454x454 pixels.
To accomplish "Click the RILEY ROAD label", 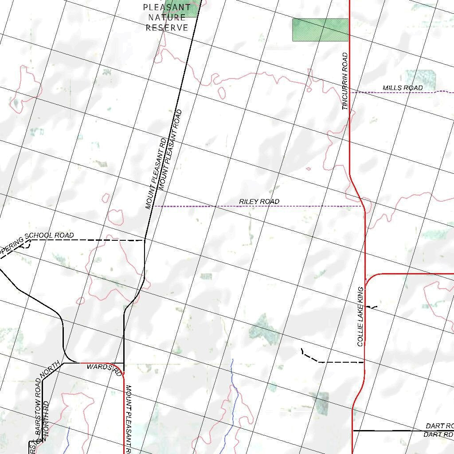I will point(259,202).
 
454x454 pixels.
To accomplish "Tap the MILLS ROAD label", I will point(403,88).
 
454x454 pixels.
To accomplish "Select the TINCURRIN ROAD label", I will point(345,81).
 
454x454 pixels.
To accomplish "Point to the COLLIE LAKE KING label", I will point(360,316).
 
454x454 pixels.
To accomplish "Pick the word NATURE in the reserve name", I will point(167,17).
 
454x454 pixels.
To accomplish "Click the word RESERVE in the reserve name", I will point(167,27).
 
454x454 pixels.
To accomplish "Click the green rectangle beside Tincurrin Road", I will point(320,30).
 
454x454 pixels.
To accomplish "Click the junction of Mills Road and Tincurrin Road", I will point(350,92).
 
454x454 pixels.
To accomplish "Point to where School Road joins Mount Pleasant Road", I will point(145,240).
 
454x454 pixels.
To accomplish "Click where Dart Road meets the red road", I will point(353,430).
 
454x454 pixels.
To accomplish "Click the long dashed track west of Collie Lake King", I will point(337,362).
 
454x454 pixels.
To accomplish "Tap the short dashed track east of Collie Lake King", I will point(372,307).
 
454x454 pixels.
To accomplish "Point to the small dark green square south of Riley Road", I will point(206,277).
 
